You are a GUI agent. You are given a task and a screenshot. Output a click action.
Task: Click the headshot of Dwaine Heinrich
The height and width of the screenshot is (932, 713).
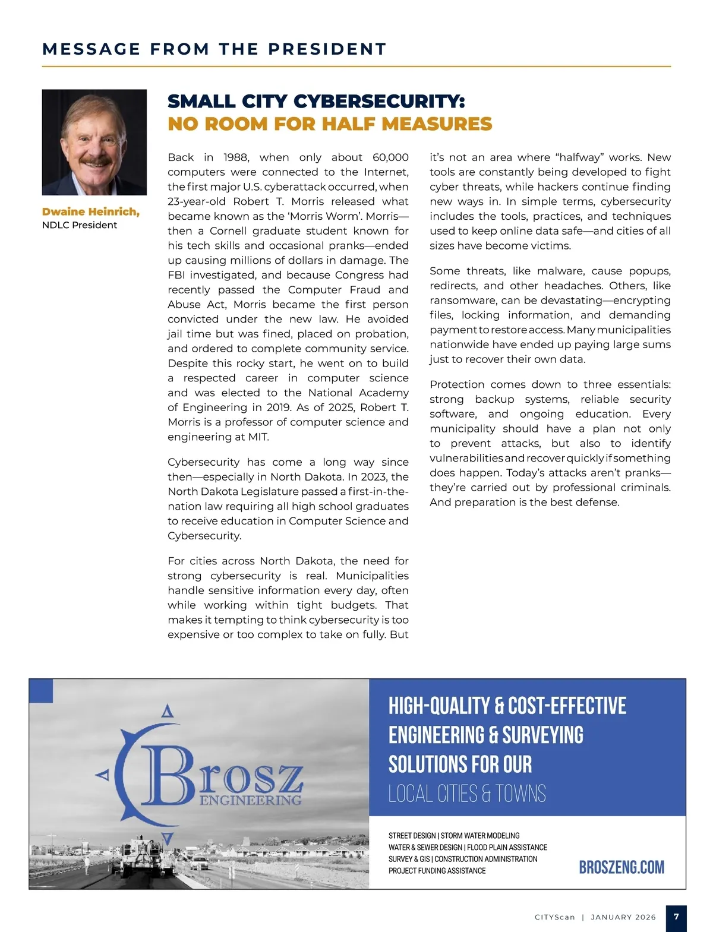coord(94,142)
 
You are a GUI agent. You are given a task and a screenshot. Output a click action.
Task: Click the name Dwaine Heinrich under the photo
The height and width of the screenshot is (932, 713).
coord(91,212)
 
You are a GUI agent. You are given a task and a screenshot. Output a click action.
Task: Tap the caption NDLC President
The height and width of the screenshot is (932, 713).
coord(80,225)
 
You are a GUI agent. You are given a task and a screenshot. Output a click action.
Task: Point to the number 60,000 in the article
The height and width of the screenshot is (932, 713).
coord(390,157)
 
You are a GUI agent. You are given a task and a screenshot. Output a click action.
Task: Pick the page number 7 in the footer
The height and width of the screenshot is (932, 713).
coord(676,917)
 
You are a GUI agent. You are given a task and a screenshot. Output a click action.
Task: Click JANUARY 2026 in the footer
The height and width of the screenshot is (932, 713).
coord(623,917)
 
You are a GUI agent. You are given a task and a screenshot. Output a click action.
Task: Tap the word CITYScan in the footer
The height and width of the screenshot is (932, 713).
coord(555,917)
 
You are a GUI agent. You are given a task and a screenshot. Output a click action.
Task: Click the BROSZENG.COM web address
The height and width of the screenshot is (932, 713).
coord(621,867)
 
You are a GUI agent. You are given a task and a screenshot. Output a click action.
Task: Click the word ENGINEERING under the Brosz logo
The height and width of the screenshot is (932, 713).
coord(250,800)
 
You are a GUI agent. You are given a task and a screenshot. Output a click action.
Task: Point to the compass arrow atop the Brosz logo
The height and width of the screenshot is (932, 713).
coord(168,710)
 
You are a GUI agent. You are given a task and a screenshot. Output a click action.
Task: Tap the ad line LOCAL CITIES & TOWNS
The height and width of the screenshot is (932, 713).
coord(467,794)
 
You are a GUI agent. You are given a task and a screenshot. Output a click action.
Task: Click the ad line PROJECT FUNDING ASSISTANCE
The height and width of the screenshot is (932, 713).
coord(437,871)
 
